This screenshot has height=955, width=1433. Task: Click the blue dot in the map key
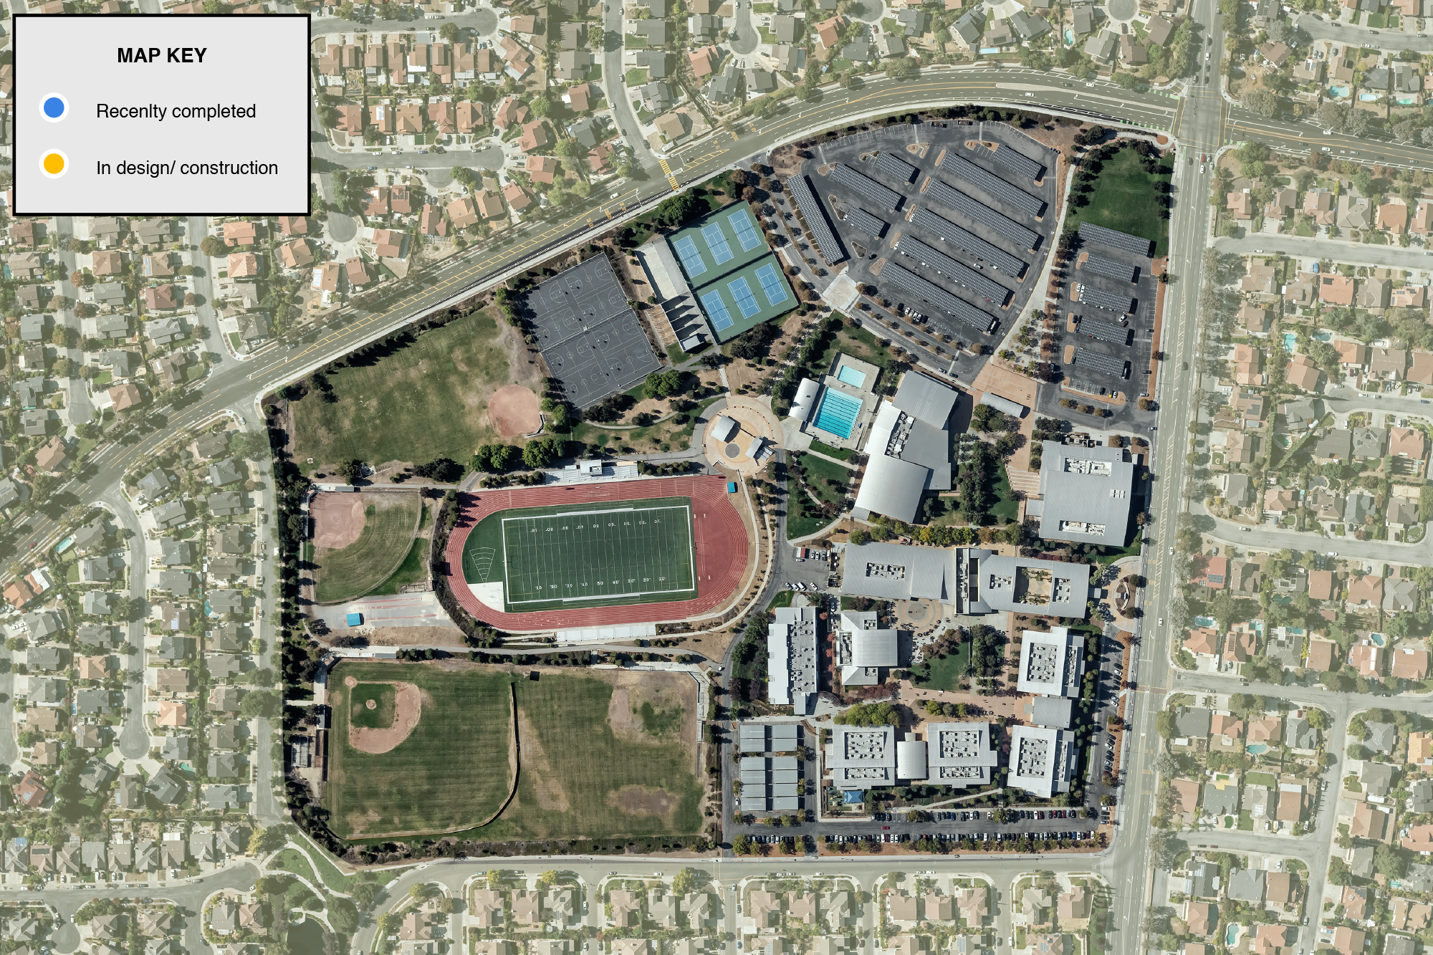54,108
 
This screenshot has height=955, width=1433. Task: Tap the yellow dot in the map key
54,164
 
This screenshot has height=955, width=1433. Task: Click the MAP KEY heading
162,56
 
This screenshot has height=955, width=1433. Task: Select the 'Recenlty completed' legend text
176,111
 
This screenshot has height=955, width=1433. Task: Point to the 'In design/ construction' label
187,168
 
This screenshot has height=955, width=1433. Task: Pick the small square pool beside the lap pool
851,375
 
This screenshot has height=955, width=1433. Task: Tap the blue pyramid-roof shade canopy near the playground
853,797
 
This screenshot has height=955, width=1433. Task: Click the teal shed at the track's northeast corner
731,488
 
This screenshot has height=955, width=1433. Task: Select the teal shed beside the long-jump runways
354,619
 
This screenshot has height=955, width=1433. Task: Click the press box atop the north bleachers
593,467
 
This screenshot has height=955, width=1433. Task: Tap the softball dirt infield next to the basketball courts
513,410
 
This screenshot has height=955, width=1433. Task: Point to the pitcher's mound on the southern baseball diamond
370,704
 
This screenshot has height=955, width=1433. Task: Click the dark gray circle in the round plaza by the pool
732,450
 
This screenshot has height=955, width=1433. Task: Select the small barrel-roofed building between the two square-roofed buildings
911,759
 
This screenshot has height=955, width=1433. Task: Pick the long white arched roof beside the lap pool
804,400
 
